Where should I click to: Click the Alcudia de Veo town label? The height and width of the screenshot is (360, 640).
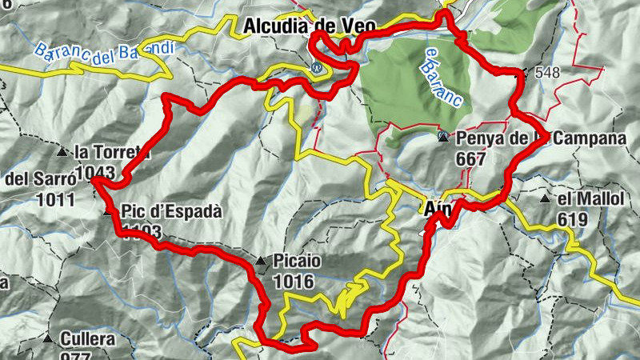308,26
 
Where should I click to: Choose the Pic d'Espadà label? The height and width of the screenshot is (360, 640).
171,212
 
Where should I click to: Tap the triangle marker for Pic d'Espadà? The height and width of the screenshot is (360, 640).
108,212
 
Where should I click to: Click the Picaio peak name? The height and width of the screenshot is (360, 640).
297,261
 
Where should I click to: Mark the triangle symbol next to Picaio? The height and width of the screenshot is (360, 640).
261,261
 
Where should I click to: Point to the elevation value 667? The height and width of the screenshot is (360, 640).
470,158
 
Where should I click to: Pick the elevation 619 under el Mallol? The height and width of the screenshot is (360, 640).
574,220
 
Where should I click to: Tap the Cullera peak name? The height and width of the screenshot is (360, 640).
87,339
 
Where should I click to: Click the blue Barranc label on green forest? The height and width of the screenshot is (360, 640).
441,78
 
